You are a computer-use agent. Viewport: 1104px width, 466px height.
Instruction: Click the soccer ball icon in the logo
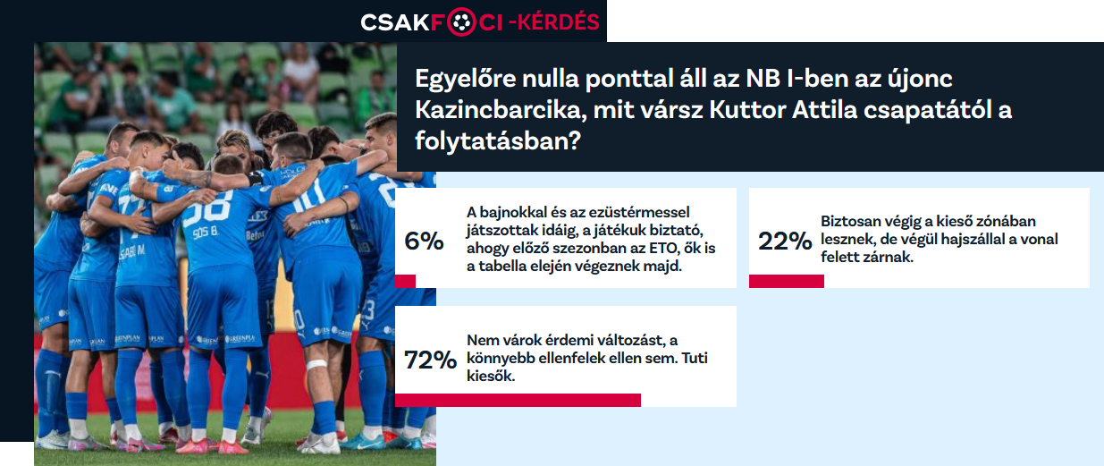click(x=461, y=22)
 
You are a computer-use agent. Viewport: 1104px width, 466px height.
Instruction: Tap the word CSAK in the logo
click(x=395, y=22)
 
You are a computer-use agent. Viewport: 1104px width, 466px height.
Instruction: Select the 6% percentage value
click(x=424, y=241)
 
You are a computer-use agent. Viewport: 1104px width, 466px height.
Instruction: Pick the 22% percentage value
click(x=785, y=241)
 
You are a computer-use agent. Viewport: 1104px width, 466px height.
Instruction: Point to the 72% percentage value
click(x=430, y=360)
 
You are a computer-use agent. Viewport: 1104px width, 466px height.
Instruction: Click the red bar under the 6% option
click(x=405, y=281)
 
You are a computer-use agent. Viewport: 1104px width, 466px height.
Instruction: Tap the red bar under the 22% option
click(x=787, y=281)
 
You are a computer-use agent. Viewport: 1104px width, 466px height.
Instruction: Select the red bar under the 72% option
click(x=518, y=400)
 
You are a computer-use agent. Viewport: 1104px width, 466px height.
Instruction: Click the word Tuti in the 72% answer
click(x=695, y=358)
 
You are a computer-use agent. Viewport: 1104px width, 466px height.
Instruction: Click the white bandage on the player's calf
click(x=316, y=364)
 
